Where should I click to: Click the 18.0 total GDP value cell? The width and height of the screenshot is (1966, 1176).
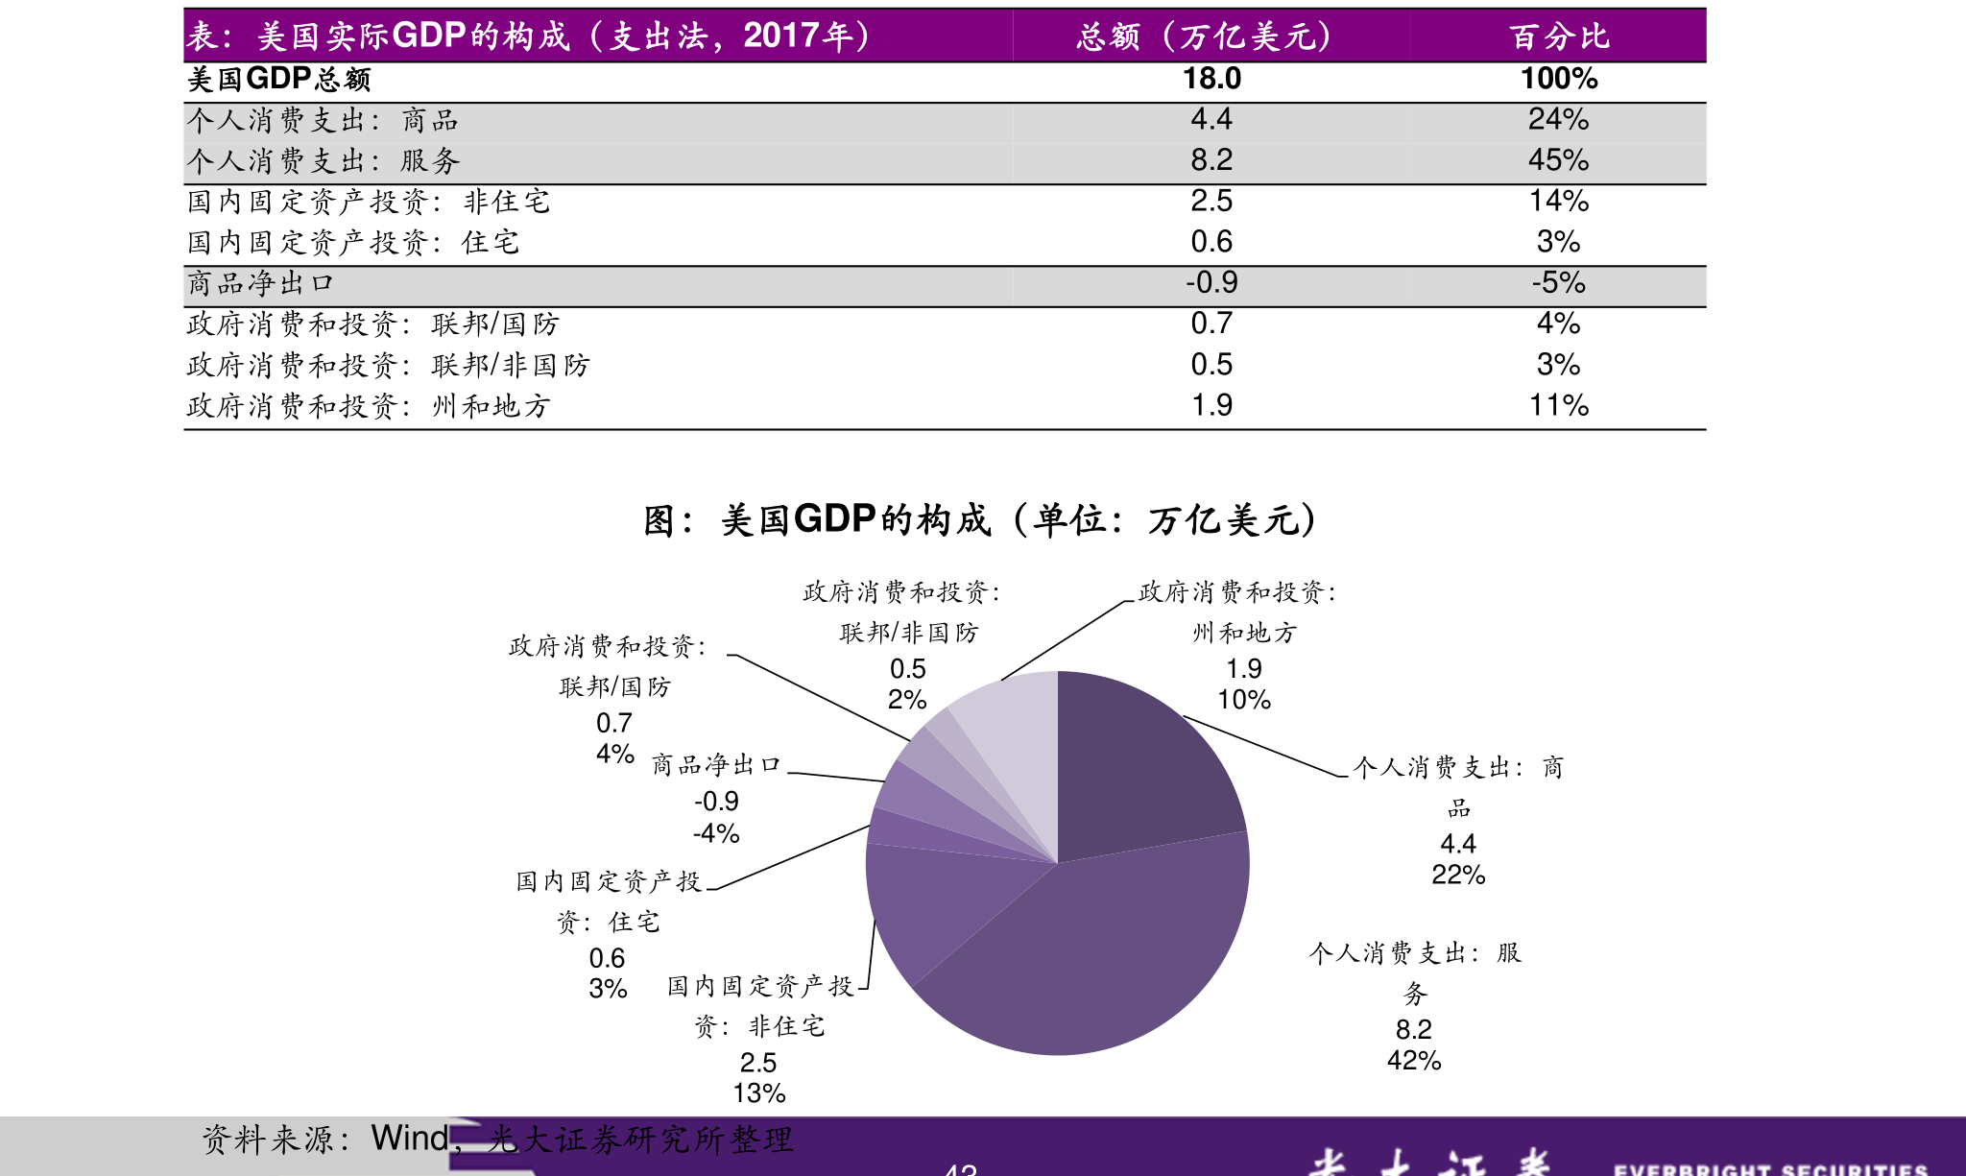pyautogui.click(x=1211, y=79)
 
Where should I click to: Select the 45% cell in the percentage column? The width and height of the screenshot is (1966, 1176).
pyautogui.click(x=1558, y=160)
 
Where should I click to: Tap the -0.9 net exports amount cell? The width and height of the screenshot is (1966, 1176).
pyautogui.click(x=1211, y=282)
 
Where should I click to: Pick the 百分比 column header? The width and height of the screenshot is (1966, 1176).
pyautogui.click(x=1558, y=36)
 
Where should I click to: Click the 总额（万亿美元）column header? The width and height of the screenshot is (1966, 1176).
pyautogui.click(x=1211, y=36)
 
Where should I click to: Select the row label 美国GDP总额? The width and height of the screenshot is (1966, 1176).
pyautogui.click(x=279, y=79)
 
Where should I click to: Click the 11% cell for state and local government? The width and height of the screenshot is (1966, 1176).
pyautogui.click(x=1558, y=405)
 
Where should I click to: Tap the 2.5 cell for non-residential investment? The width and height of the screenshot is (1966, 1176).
pyautogui.click(x=1211, y=201)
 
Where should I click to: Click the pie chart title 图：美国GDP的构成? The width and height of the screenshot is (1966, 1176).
pyautogui.click(x=979, y=520)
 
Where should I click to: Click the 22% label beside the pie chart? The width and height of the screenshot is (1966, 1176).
pyautogui.click(x=1458, y=875)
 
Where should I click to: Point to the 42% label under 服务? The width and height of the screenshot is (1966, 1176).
pyautogui.click(x=1414, y=1061)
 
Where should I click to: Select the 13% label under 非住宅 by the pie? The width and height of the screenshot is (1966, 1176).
pyautogui.click(x=758, y=1093)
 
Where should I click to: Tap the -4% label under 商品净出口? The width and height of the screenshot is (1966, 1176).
pyautogui.click(x=716, y=833)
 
